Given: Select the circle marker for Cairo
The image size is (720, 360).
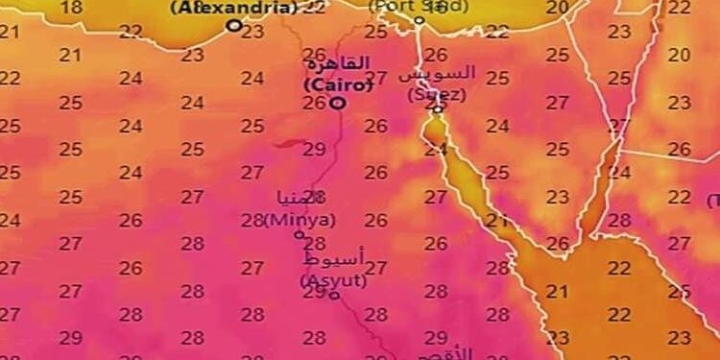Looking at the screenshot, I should tap(337, 102).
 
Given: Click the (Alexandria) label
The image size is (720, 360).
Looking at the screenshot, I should tap(234, 8).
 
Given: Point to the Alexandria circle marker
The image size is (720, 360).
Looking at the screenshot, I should tap(234, 26).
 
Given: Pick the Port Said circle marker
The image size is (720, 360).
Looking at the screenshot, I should tap(420, 20).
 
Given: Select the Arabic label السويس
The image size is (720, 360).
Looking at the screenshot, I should tap(437, 74).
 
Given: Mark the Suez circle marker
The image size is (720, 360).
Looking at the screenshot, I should tap(438, 108).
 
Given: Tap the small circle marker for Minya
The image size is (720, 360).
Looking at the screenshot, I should tap(299, 233).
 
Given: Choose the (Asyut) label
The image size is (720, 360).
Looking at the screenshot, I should tap(331, 279).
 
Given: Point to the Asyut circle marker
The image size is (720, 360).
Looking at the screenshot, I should tap(334, 295).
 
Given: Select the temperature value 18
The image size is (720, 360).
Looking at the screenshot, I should tap(71, 8).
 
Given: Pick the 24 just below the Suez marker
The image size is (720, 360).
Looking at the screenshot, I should tap(436, 150).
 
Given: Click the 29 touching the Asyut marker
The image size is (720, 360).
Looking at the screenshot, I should tap(314, 292).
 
